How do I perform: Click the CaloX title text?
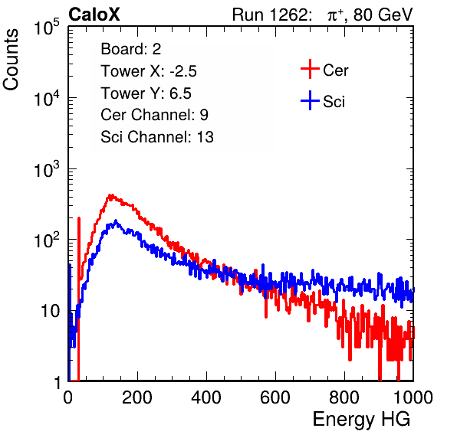click(94, 15)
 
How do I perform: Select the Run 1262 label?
click(270, 15)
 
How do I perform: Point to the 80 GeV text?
click(383, 15)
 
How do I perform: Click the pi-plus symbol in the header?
click(335, 15)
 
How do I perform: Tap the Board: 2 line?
click(131, 49)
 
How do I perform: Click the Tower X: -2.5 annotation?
click(149, 71)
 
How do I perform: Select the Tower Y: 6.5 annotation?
click(146, 93)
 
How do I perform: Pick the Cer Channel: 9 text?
click(154, 115)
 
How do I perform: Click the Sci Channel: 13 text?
click(157, 137)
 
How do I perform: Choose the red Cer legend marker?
click(310, 69)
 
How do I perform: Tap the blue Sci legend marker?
click(310, 101)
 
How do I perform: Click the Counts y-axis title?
click(11, 60)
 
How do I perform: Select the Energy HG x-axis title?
click(361, 420)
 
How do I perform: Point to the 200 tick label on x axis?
click(137, 397)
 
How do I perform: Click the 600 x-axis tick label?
click(275, 397)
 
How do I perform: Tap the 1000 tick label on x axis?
click(413, 397)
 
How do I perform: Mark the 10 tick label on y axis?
click(51, 311)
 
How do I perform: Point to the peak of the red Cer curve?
click(110, 195)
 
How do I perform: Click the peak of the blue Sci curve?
click(116, 221)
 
